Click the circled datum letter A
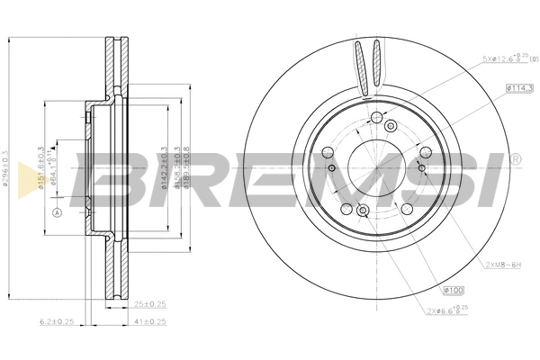point(56,213)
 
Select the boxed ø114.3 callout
point(520,88)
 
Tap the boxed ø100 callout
point(454,290)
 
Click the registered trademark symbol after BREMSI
point(516,159)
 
